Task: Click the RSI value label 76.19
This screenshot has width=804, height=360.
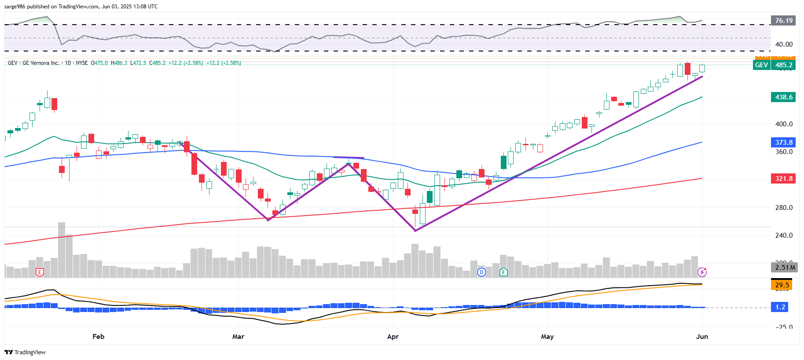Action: [x=783, y=21]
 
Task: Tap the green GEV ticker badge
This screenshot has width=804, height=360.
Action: [x=761, y=65]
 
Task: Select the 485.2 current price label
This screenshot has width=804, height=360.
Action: [x=784, y=65]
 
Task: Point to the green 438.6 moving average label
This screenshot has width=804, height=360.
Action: [x=783, y=97]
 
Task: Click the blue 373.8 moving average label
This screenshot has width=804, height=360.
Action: [x=783, y=143]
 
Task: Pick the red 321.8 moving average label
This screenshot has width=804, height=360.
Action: [x=783, y=179]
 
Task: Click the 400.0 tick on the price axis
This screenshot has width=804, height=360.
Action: [x=783, y=124]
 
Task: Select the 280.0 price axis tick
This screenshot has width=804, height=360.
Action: [x=783, y=208]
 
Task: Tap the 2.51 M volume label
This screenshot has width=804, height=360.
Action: [x=785, y=268]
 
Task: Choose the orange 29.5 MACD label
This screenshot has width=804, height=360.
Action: [x=782, y=285]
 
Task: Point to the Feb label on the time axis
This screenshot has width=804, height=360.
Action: [x=99, y=337]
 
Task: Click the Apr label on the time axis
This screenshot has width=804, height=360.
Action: [x=393, y=337]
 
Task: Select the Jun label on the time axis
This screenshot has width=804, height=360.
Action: [x=702, y=337]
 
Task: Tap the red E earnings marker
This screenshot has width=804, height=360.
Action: [x=40, y=272]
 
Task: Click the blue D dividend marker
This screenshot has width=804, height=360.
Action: [x=481, y=272]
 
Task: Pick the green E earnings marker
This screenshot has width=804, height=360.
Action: [x=503, y=272]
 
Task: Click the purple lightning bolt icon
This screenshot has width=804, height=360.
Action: [x=702, y=272]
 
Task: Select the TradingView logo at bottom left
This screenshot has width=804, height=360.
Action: [x=25, y=352]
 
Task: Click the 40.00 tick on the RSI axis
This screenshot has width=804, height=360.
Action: [x=783, y=44]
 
